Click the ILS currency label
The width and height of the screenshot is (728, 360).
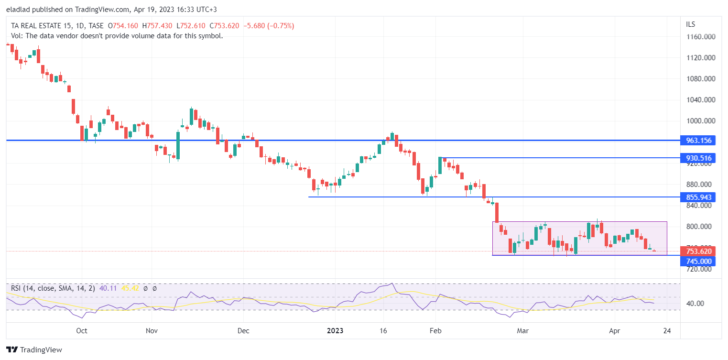coord(691,24)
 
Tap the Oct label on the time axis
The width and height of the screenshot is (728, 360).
coord(81,330)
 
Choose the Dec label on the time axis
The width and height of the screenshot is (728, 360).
coord(243,330)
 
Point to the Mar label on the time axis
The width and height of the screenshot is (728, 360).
coord(523,330)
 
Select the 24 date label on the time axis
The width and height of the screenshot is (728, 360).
coord(667,330)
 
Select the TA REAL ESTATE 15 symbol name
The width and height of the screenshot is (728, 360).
coord(43,26)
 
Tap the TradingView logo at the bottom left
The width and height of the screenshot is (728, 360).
coord(34,349)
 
